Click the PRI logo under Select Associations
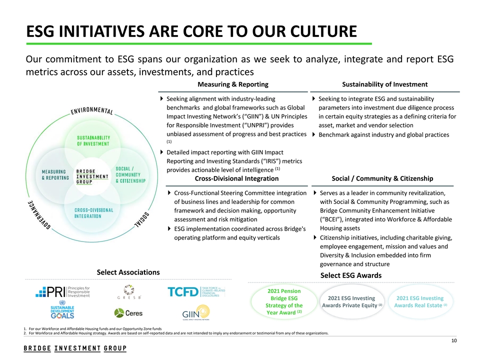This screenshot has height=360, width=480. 62,291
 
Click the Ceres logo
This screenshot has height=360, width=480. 128,313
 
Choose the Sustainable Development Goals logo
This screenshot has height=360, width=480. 62,310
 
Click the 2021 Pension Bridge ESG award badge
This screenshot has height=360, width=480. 283,302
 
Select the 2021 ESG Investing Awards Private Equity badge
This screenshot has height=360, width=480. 352,302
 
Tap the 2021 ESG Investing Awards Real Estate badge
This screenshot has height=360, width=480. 420,302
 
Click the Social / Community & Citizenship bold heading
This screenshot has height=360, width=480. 382,178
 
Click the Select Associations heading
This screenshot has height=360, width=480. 128,272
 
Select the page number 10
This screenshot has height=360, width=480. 454,341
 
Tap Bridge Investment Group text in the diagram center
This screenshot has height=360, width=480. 92,176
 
